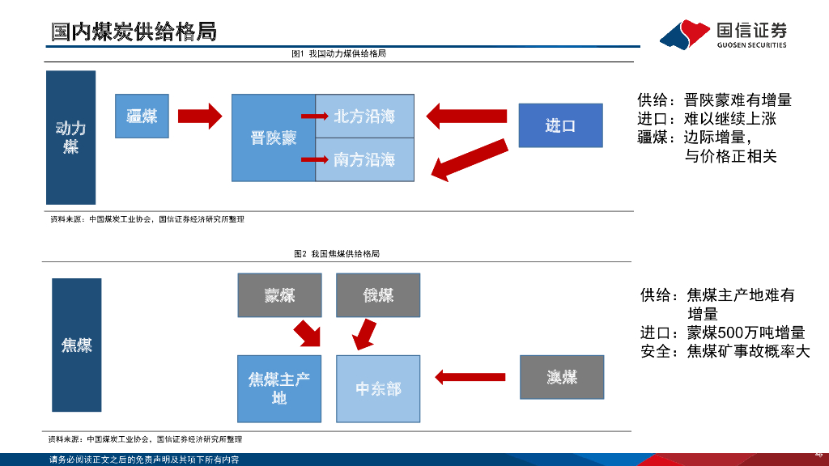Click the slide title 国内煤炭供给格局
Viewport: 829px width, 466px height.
[134, 32]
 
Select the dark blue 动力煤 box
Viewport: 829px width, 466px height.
[71, 138]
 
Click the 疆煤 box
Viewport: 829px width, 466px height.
[142, 116]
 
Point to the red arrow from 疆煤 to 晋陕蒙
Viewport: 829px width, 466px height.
[198, 116]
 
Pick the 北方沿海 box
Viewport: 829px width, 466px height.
[364, 116]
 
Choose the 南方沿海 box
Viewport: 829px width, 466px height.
[364, 159]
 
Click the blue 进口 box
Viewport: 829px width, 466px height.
[560, 125]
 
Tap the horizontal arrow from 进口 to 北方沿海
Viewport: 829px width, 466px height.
[466, 115]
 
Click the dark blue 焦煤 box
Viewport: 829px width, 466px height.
[77, 345]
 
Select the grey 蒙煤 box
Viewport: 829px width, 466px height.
[279, 295]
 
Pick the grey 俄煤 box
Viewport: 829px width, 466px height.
[378, 295]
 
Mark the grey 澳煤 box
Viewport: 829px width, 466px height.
[562, 377]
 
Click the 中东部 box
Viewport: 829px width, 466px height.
[378, 389]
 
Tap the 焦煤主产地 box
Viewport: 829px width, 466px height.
[279, 388]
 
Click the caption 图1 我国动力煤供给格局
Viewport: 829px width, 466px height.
[338, 53]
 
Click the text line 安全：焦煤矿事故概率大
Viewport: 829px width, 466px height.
[725, 352]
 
